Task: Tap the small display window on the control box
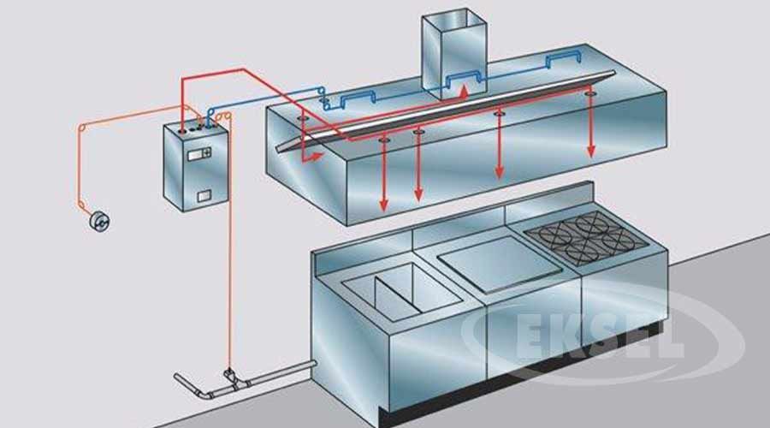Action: (x=200, y=153)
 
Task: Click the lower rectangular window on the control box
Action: (x=204, y=196)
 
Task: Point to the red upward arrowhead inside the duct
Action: (x=463, y=88)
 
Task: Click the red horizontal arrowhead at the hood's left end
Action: (x=317, y=157)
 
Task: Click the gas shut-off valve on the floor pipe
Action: (x=229, y=375)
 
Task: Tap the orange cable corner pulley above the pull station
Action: (x=83, y=128)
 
